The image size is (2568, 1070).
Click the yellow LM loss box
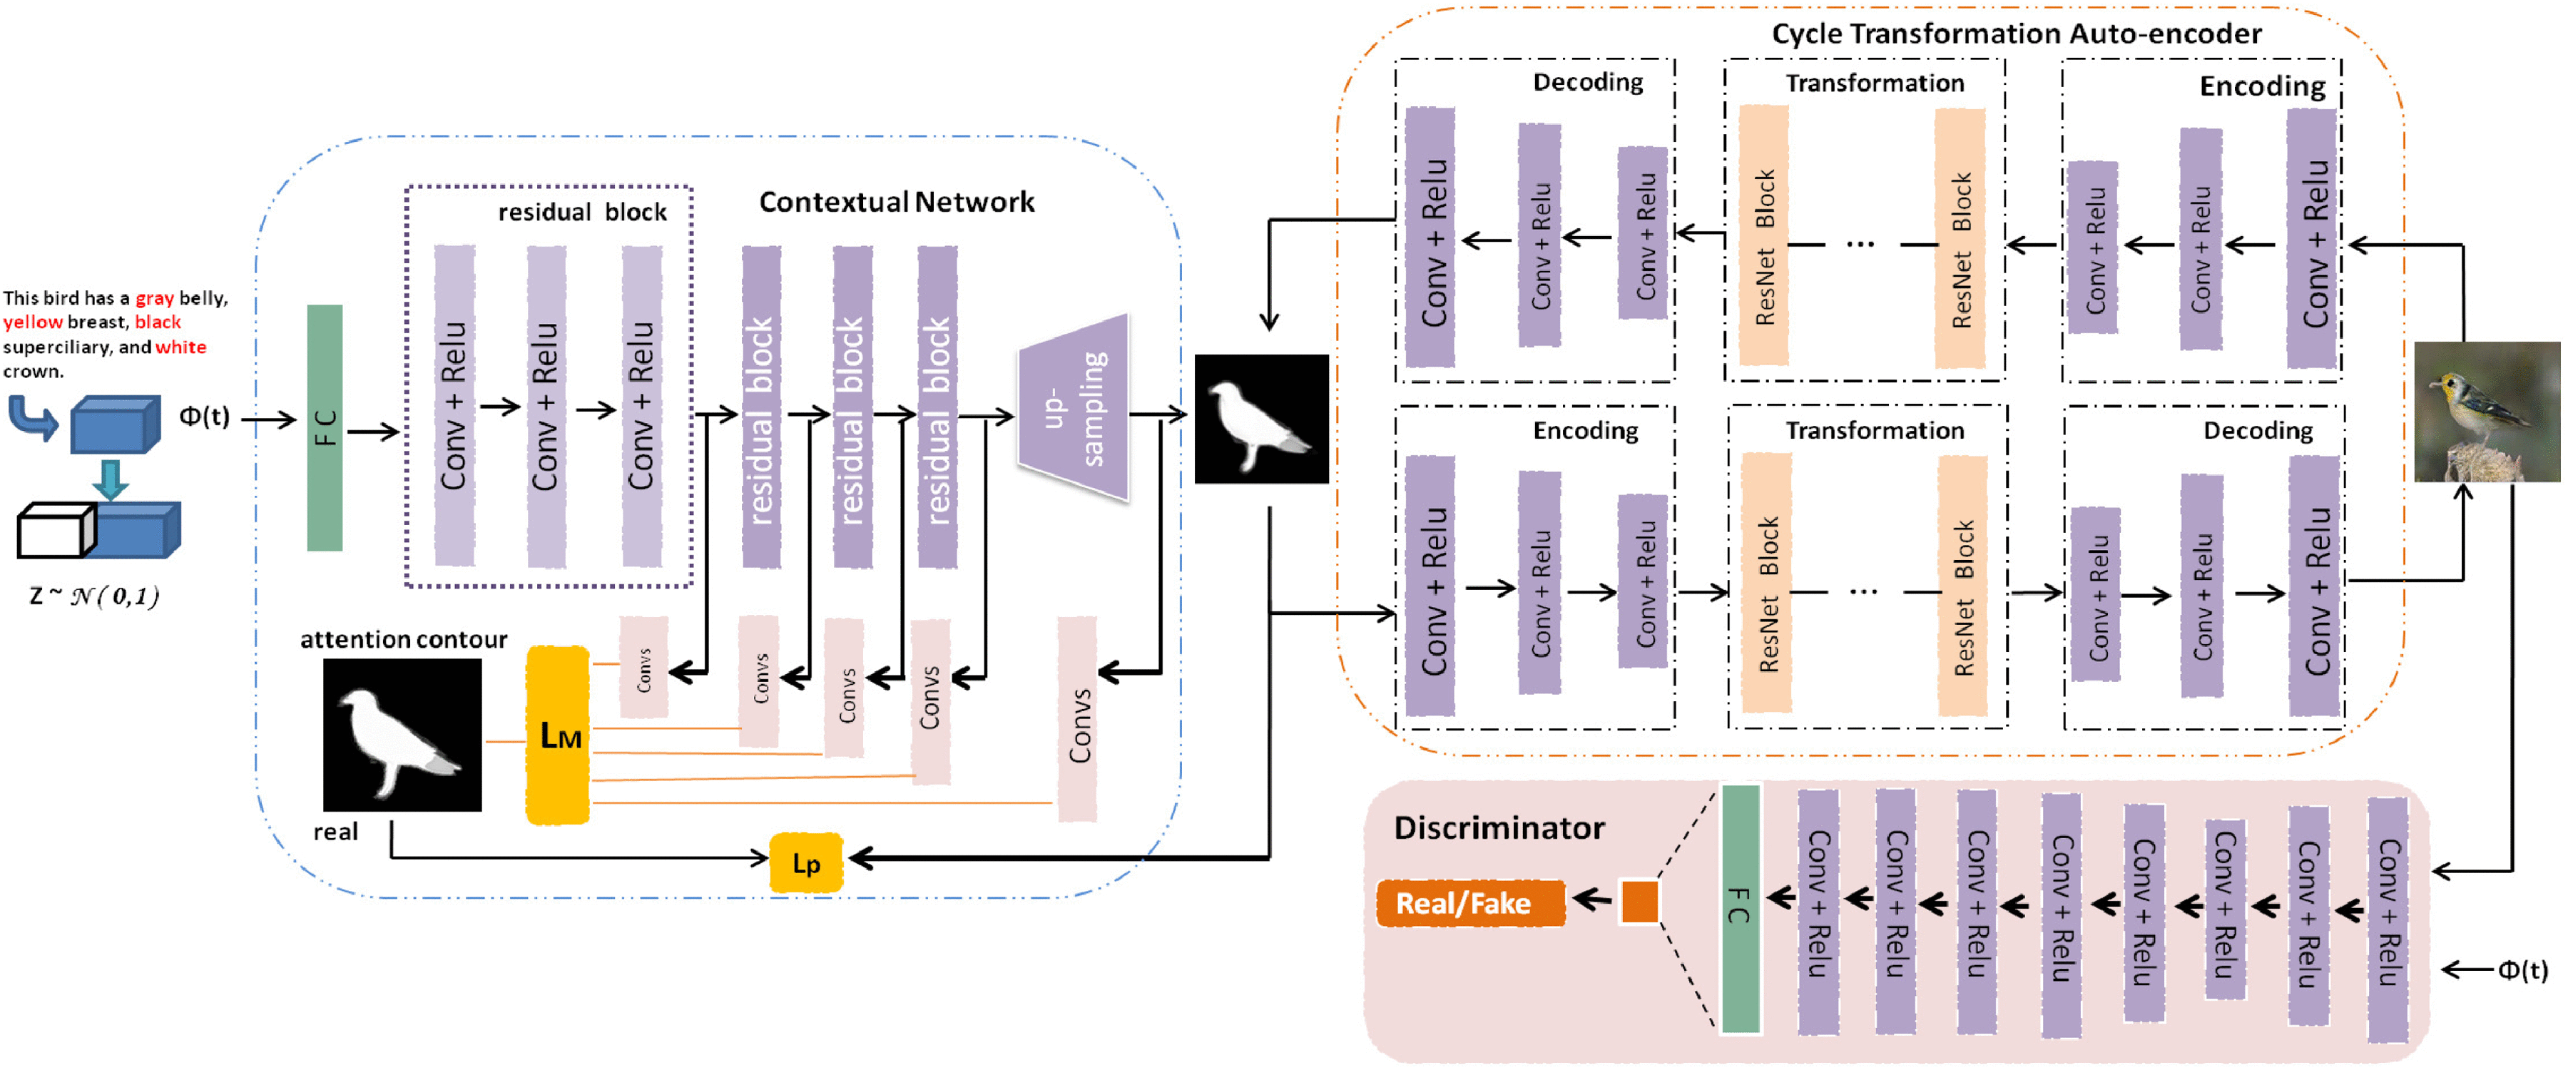[559, 735]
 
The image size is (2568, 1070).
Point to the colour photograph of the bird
[2486, 411]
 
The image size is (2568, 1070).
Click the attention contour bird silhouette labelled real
[402, 734]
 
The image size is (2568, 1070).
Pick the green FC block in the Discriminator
[1741, 907]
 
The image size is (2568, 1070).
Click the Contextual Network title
[896, 203]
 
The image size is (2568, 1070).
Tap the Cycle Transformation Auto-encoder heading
[2016, 34]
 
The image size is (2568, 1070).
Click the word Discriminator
[1498, 827]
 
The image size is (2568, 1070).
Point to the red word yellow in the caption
[32, 322]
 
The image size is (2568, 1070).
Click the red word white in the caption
[180, 347]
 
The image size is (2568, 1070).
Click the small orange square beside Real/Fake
[1639, 902]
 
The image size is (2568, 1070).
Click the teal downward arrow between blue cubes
[110, 479]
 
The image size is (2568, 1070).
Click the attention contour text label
[403, 639]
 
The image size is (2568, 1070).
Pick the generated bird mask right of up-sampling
[1261, 419]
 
